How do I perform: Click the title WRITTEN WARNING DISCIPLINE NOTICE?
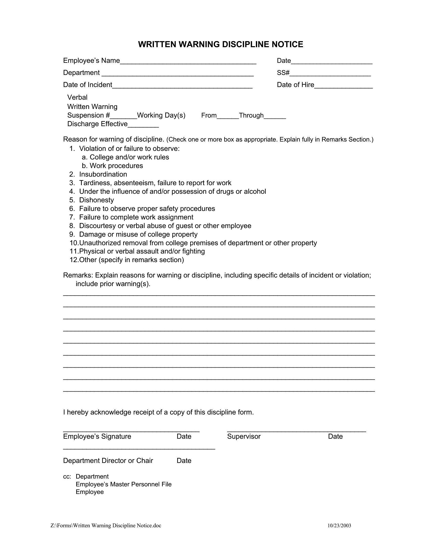[220, 44]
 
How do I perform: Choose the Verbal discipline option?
[77, 97]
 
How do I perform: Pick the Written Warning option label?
[92, 106]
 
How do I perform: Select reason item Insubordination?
[103, 174]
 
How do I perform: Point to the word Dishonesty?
[96, 200]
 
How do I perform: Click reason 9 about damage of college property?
[138, 234]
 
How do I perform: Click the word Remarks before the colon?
[78, 275]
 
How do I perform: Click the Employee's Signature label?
[97, 436]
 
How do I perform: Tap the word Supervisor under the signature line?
[244, 436]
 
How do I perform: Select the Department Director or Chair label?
[108, 460]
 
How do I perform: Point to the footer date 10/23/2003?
[339, 525]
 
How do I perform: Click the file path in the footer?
[106, 525]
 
